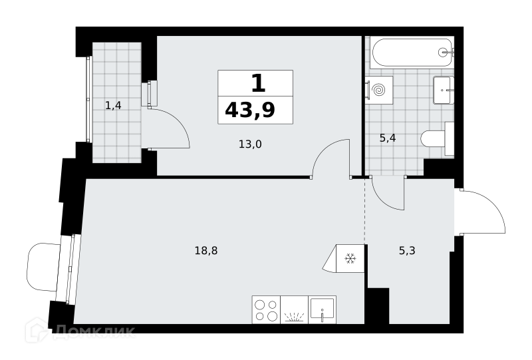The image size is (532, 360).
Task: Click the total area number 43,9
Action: (x=250, y=110)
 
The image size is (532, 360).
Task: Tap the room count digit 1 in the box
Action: (x=258, y=84)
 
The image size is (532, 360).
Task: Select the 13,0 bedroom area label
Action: (x=250, y=144)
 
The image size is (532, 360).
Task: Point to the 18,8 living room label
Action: (x=206, y=251)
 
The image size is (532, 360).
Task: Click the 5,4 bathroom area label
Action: (x=388, y=138)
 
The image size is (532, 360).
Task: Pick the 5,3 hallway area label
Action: (x=407, y=251)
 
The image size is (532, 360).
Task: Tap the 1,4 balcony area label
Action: (x=113, y=106)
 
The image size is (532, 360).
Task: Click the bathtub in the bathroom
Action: (x=412, y=53)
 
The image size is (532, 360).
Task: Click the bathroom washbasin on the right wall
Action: (x=443, y=90)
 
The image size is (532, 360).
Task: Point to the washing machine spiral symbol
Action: (x=378, y=90)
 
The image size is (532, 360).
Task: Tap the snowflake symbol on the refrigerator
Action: (x=350, y=259)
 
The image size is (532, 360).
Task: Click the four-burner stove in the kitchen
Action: (x=267, y=309)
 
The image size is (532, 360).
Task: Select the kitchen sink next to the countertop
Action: (x=323, y=309)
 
